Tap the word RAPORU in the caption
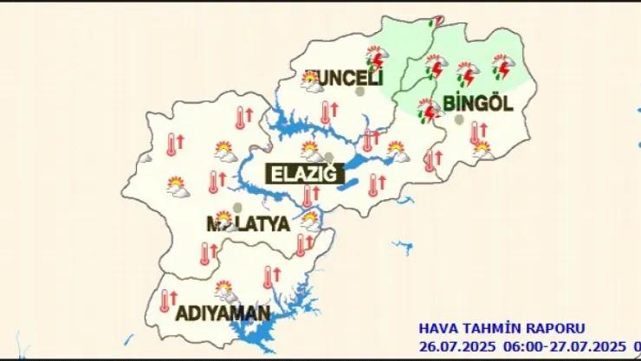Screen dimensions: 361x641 click(559, 329)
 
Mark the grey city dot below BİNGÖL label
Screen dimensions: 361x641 click(459, 119)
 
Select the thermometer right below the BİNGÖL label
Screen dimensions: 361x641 click(476, 132)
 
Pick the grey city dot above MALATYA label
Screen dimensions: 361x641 click(237, 208)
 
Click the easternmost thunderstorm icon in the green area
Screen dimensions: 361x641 click(502, 66)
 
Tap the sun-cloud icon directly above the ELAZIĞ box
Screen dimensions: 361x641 click(311, 151)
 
